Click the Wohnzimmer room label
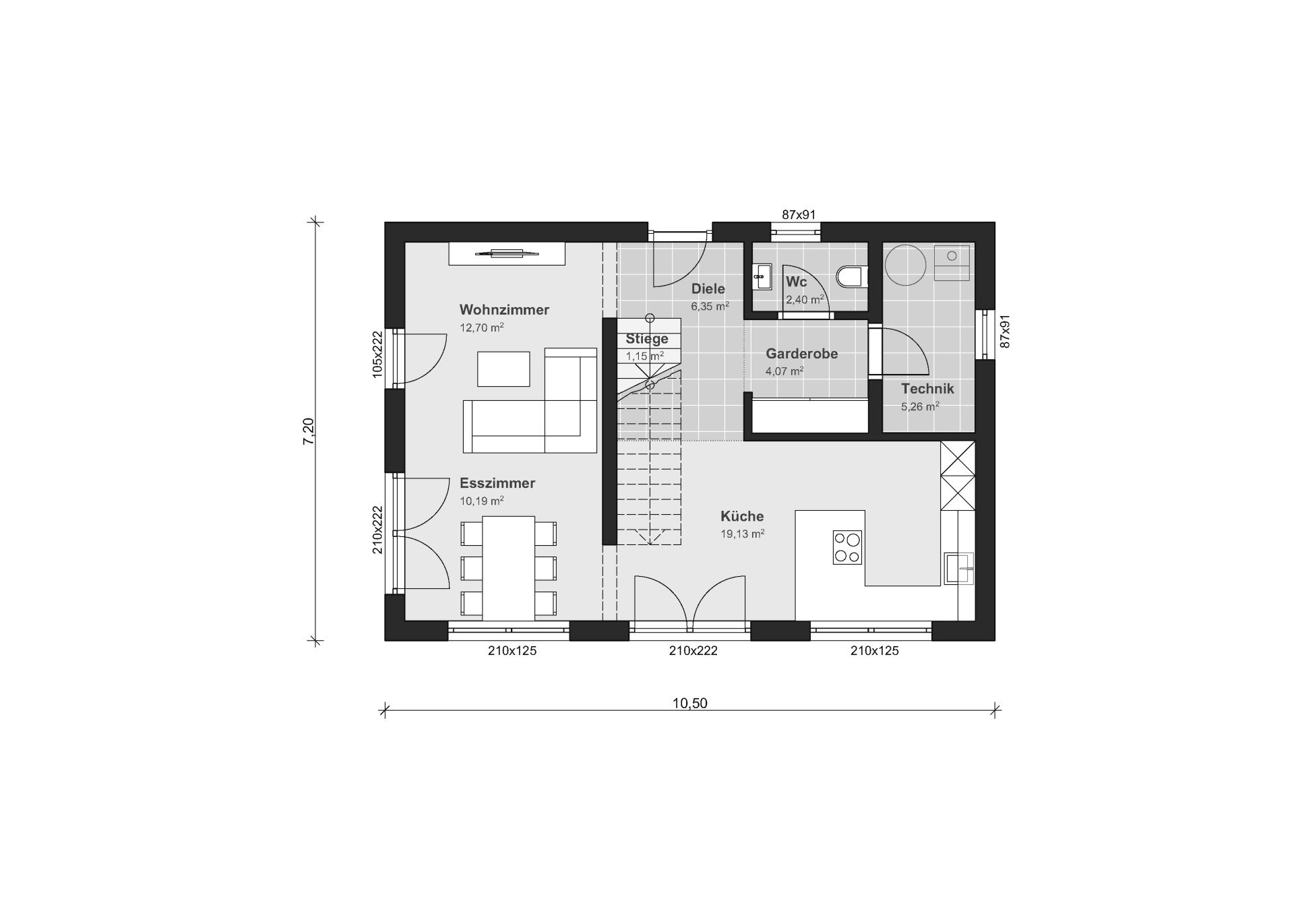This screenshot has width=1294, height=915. (x=504, y=310)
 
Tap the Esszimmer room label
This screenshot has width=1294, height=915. (x=497, y=483)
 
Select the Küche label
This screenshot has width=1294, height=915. (x=742, y=516)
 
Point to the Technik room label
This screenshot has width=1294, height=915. (x=927, y=389)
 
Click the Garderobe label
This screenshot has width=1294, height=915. (x=802, y=354)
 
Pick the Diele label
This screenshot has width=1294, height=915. (x=708, y=289)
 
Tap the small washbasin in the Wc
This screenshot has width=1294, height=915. (x=763, y=276)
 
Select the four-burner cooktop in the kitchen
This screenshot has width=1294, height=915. (x=848, y=547)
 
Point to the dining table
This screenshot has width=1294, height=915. (x=510, y=568)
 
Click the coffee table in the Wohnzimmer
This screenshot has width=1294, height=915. (x=503, y=369)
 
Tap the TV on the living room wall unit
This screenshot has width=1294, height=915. (x=507, y=253)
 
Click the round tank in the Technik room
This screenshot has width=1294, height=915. (x=906, y=265)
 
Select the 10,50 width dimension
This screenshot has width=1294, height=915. (x=690, y=703)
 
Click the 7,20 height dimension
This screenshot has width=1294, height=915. (x=308, y=431)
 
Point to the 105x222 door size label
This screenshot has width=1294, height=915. (x=377, y=354)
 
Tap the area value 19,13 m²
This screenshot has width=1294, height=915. (x=743, y=534)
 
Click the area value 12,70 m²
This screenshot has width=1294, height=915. (x=482, y=328)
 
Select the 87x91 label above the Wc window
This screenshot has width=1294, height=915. (x=799, y=215)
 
